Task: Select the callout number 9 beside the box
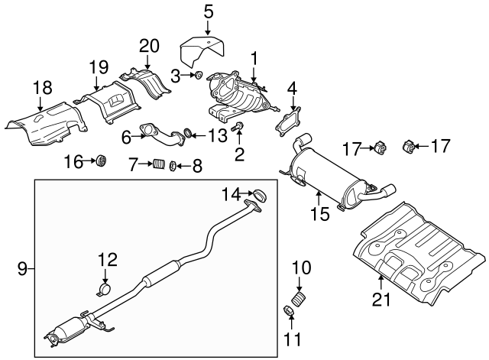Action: click(22, 268)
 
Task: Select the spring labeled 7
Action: click(158, 164)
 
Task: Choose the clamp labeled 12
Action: click(106, 289)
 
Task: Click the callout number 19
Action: click(98, 66)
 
